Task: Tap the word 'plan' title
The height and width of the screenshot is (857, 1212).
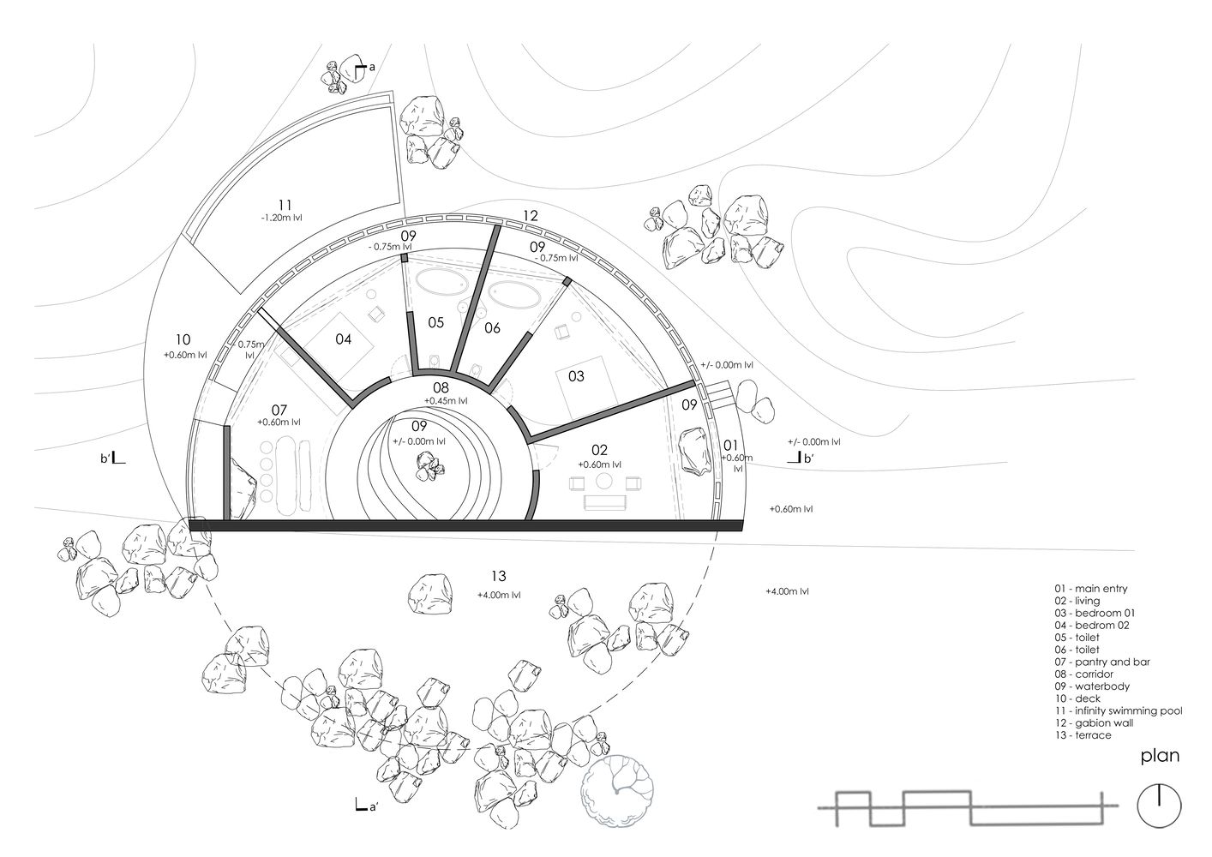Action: coord(1160,756)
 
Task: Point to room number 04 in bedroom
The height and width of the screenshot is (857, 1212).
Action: coord(343,339)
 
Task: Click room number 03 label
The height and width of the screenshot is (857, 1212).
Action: coord(576,376)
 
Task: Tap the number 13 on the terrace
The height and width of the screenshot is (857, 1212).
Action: coord(498,576)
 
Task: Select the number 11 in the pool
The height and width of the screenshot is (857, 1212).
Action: coord(285,205)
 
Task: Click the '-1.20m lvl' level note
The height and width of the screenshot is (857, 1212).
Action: coord(281,218)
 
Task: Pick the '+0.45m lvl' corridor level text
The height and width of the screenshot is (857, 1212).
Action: coord(446,401)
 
